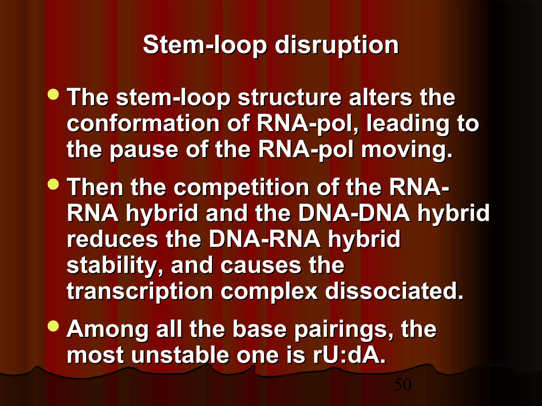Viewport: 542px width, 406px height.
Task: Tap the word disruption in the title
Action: click(x=337, y=45)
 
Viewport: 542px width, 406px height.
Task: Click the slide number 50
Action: click(x=403, y=385)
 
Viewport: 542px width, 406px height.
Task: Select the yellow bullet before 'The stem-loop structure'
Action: click(x=53, y=94)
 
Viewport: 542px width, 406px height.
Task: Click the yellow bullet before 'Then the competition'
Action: click(x=53, y=184)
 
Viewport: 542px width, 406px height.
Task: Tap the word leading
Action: click(x=408, y=124)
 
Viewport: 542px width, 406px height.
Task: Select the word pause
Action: click(x=144, y=150)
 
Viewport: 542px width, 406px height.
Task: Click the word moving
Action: click(x=406, y=150)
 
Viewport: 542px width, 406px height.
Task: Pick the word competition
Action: click(x=241, y=188)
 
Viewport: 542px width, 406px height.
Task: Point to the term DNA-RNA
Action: click(x=264, y=239)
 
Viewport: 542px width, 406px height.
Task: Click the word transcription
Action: click(x=140, y=292)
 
